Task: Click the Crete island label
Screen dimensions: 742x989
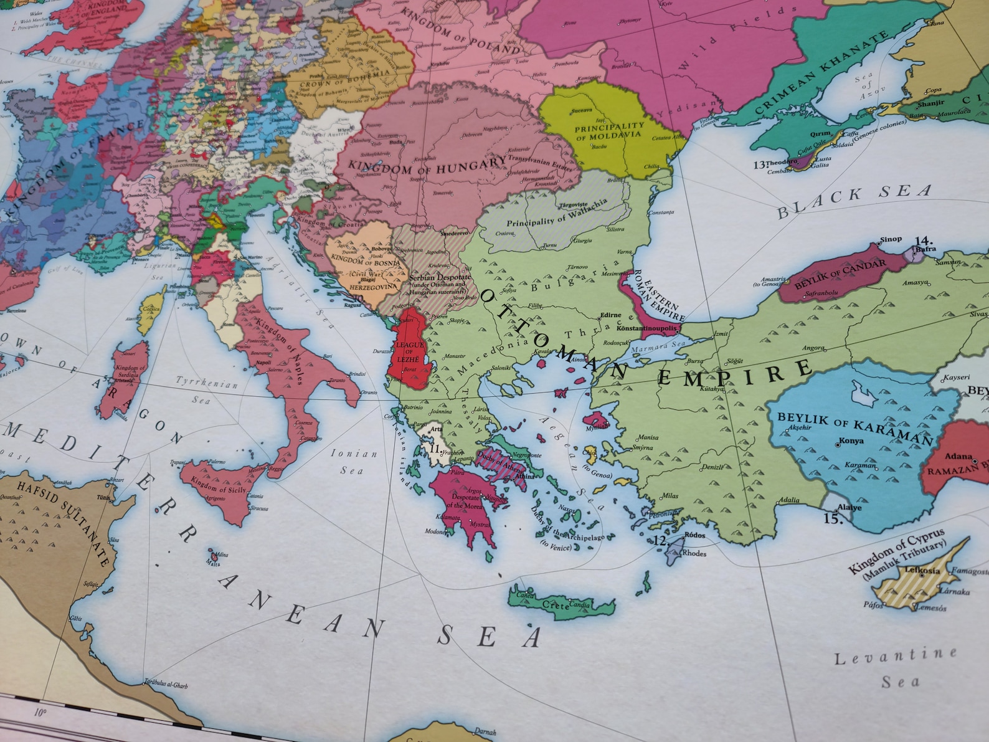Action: pos(556,605)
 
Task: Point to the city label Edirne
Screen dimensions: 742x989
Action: pos(610,316)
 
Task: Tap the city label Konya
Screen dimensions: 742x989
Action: pos(851,441)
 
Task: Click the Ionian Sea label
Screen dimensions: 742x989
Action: pos(354,462)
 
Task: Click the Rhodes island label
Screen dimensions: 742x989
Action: pos(694,553)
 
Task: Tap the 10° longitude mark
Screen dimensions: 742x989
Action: pos(40,712)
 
